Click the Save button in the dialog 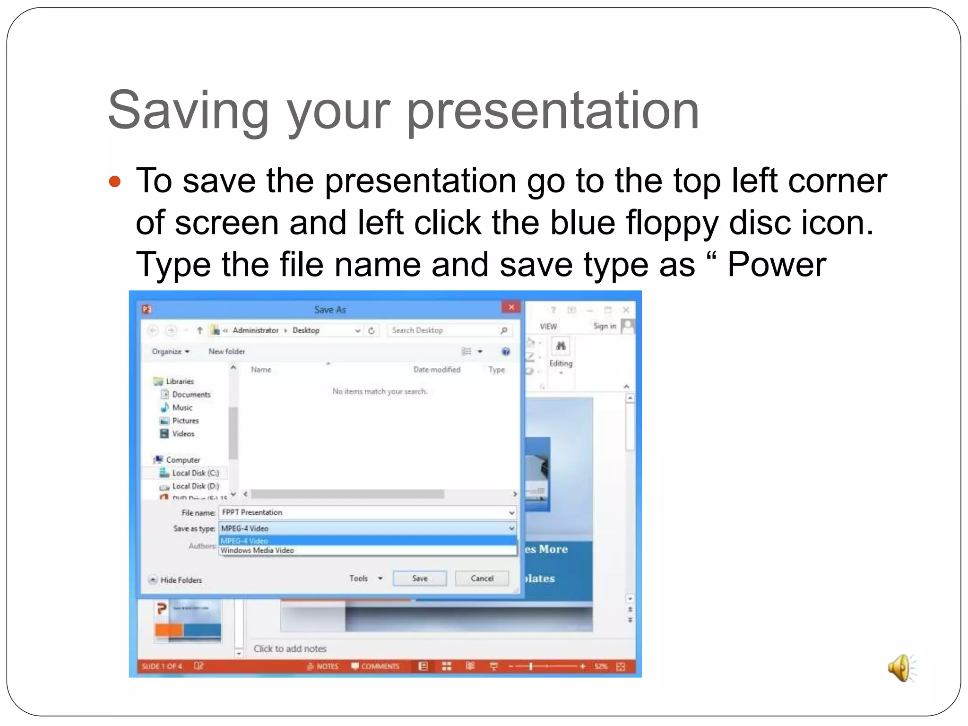419,578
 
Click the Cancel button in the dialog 482,578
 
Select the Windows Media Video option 257,550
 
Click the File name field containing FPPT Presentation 364,512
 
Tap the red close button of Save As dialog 511,308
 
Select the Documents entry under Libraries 191,394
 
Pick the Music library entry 182,407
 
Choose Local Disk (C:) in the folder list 195,473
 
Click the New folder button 226,351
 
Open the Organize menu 170,351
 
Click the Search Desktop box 444,330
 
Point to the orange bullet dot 115,181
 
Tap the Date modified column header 437,370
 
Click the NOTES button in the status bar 323,666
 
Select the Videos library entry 183,434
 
